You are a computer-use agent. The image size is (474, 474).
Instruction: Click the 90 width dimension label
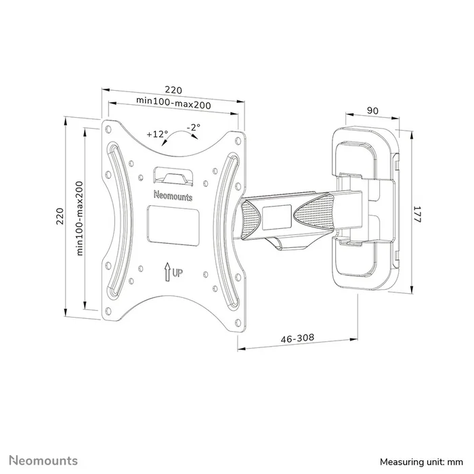pos(372,110)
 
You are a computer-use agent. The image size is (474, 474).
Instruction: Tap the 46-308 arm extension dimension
pos(299,339)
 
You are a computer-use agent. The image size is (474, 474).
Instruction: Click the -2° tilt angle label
pos(194,128)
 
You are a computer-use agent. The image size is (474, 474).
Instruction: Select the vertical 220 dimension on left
pos(60,217)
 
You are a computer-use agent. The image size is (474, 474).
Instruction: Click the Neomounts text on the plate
pos(173,196)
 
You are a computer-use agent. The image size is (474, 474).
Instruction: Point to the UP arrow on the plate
pos(167,274)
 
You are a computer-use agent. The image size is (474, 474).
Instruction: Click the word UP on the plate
pos(177,274)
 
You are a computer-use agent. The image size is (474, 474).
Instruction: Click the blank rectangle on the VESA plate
pos(173,225)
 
